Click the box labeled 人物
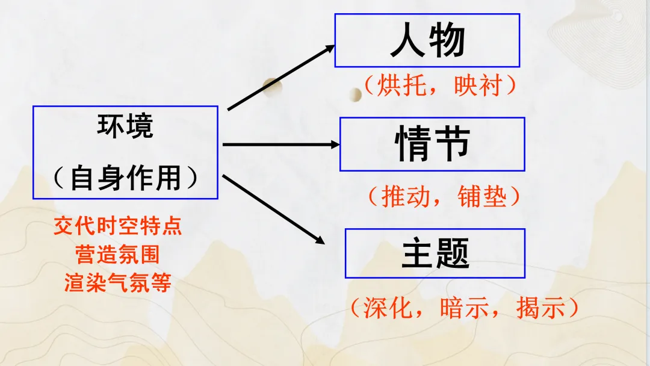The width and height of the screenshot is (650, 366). [427, 40]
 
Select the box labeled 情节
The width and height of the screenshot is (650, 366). [432, 144]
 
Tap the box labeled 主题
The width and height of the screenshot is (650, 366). [435, 253]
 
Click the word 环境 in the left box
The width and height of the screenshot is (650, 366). [125, 126]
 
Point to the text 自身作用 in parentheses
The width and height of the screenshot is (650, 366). [125, 178]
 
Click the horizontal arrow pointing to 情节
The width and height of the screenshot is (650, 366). [281, 144]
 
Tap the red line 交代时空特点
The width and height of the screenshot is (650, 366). [118, 227]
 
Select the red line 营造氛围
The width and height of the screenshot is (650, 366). [118, 255]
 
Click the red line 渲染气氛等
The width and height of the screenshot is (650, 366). [118, 282]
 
